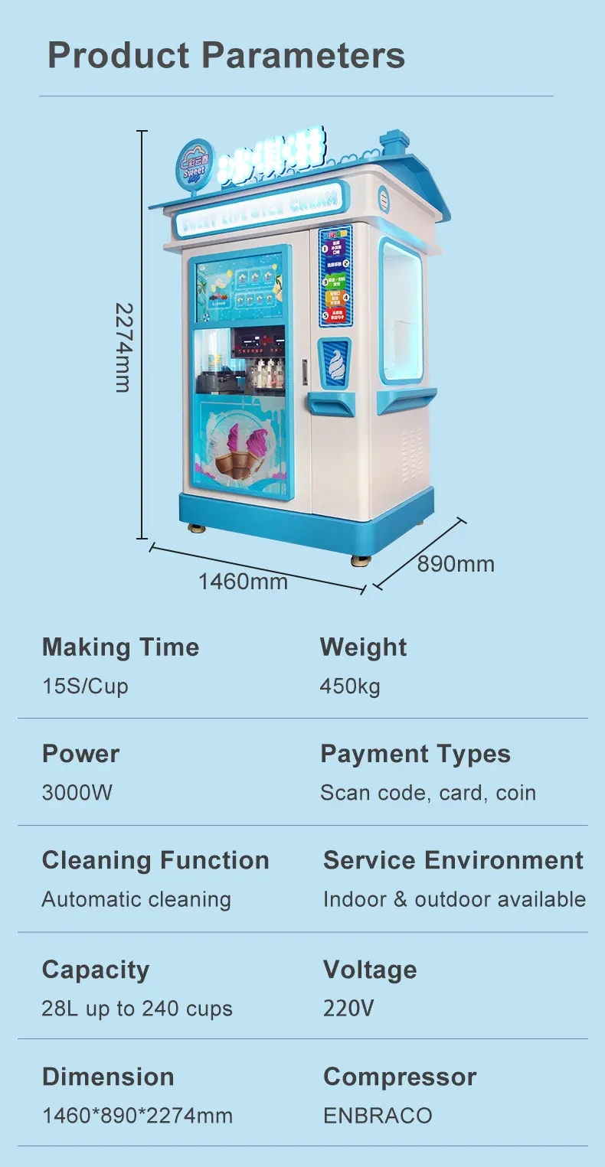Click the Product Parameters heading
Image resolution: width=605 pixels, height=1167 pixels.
click(226, 55)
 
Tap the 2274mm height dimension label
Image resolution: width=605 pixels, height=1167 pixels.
click(123, 347)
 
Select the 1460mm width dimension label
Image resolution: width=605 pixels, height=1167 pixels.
click(243, 582)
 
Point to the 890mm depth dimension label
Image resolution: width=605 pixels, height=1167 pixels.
click(456, 564)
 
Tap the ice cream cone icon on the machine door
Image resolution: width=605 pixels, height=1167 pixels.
click(334, 363)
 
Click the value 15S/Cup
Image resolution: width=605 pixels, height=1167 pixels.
click(85, 686)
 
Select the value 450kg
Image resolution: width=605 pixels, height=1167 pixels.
click(350, 686)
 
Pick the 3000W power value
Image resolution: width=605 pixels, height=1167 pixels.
click(77, 792)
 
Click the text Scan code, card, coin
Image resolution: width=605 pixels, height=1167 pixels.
click(428, 792)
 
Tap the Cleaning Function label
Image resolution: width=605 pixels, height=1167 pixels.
click(155, 860)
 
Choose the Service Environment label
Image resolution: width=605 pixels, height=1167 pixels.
click(453, 860)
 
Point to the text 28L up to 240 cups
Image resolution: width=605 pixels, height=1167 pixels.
click(137, 1009)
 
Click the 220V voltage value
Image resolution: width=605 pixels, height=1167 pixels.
click(348, 1009)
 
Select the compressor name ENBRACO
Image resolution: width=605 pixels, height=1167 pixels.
click(378, 1115)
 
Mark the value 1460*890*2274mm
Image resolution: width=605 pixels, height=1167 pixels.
click(137, 1115)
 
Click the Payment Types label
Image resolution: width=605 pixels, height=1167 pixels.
click(415, 754)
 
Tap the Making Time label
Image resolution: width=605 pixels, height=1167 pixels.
click(120, 647)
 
